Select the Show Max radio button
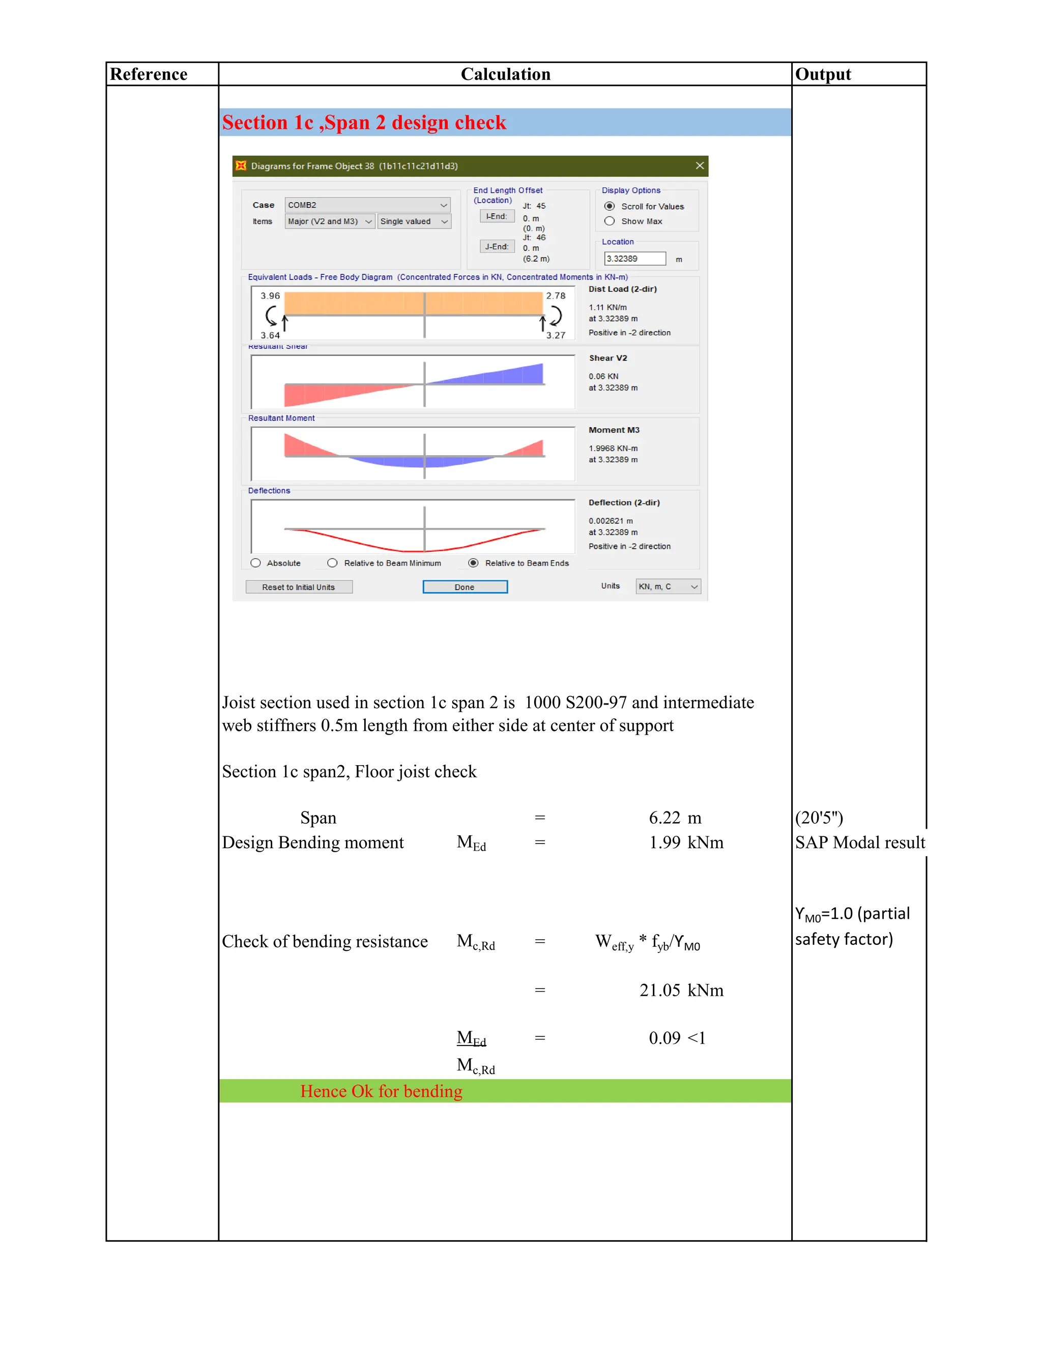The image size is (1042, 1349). pyautogui.click(x=609, y=221)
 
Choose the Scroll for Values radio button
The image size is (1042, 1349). pyautogui.click(x=609, y=206)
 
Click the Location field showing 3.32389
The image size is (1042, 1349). pyautogui.click(x=634, y=259)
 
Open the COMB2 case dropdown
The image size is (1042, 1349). pyautogui.click(x=367, y=205)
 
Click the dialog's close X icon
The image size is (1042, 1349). pyautogui.click(x=700, y=165)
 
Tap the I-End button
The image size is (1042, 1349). pyautogui.click(x=497, y=216)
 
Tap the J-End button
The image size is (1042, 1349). pyautogui.click(x=497, y=246)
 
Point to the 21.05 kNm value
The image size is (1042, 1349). pyautogui.click(x=681, y=990)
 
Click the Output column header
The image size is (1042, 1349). pyautogui.click(x=822, y=74)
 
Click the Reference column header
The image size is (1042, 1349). pyautogui.click(x=149, y=74)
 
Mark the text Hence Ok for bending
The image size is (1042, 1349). pyautogui.click(x=381, y=1091)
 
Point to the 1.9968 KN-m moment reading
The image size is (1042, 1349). pyautogui.click(x=613, y=448)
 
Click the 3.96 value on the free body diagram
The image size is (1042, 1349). pyautogui.click(x=270, y=296)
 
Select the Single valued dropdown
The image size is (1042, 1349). pyautogui.click(x=414, y=221)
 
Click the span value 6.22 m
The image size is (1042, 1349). pyautogui.click(x=675, y=818)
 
